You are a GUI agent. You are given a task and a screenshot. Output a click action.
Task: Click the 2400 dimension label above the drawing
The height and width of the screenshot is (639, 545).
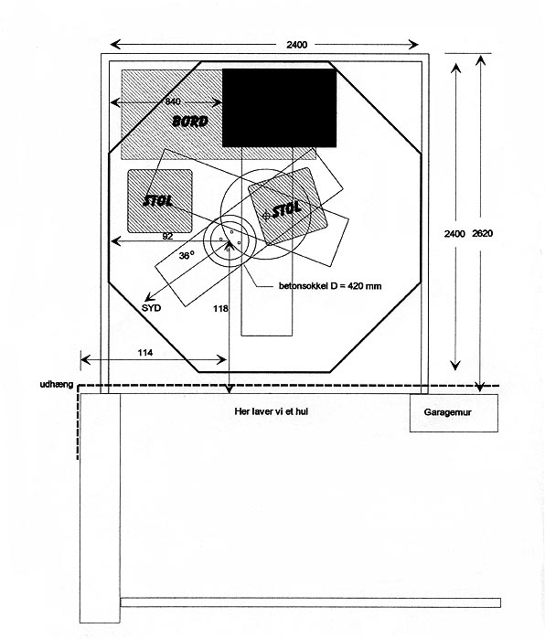pyautogui.click(x=296, y=45)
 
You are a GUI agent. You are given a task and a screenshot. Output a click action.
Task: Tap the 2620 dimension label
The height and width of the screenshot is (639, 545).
pyautogui.click(x=482, y=233)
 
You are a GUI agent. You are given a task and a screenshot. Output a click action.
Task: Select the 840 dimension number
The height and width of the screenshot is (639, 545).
pyautogui.click(x=173, y=101)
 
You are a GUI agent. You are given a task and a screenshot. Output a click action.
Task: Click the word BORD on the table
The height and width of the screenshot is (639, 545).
pyautogui.click(x=190, y=121)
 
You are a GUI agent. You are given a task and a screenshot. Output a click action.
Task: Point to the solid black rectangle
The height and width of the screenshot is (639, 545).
pyautogui.click(x=279, y=108)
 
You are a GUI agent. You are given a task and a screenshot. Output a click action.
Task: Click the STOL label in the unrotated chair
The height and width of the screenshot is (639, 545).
pyautogui.click(x=158, y=200)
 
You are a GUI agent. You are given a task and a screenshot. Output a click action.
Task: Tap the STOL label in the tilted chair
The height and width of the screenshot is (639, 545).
pyautogui.click(x=286, y=210)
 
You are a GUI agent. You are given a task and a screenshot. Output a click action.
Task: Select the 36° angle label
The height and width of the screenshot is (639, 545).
pyautogui.click(x=187, y=256)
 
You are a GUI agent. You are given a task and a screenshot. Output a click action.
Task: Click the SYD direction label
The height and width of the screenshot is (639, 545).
pyautogui.click(x=151, y=308)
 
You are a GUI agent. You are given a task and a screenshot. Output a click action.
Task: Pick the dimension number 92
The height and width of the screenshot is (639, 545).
pyautogui.click(x=167, y=237)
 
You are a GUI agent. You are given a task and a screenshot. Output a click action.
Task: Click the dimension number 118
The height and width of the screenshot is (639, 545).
pyautogui.click(x=220, y=309)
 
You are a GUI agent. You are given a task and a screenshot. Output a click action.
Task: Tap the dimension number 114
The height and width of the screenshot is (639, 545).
pyautogui.click(x=145, y=353)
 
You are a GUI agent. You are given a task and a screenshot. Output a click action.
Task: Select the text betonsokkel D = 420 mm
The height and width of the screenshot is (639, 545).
pyautogui.click(x=330, y=285)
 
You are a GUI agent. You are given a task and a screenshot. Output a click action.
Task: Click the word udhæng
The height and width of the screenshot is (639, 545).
pyautogui.click(x=57, y=384)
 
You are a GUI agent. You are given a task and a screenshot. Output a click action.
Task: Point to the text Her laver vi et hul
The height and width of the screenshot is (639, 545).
pyautogui.click(x=271, y=411)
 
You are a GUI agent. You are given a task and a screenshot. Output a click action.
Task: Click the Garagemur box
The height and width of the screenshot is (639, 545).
pyautogui.click(x=454, y=413)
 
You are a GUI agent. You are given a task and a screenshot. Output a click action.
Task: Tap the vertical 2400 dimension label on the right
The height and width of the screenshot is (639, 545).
pyautogui.click(x=454, y=233)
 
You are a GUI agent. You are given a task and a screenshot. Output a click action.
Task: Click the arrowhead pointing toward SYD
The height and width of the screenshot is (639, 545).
pyautogui.click(x=148, y=297)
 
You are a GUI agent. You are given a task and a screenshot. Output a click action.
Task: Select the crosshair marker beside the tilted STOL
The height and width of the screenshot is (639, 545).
pyautogui.click(x=266, y=216)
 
